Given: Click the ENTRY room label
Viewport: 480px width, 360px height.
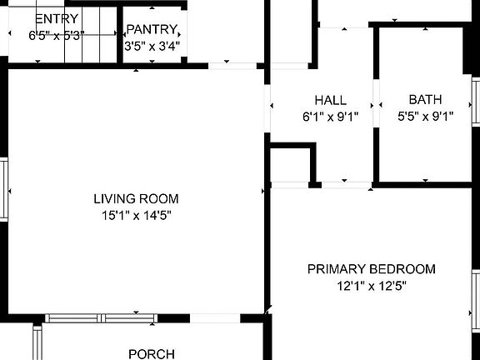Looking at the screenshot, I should coord(57,18).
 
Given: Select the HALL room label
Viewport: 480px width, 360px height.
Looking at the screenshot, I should coord(331,100).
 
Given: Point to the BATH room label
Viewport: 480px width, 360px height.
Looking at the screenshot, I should coord(425,100).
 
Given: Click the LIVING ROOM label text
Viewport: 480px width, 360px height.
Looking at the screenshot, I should coord(136,199).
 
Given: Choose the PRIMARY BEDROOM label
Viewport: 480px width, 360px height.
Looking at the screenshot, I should coord(372,269).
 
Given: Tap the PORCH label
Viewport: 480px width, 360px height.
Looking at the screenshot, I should coord(152,353).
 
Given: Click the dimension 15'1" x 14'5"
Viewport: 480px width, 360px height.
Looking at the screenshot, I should coord(136,216).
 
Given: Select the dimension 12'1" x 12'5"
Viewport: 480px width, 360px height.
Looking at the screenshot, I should coord(372,286).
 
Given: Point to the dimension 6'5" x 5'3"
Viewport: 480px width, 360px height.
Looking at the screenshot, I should coord(57,36).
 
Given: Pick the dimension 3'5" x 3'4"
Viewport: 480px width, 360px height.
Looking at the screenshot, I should coord(152,46).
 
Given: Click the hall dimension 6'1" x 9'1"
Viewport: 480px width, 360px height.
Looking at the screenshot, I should coord(331,117).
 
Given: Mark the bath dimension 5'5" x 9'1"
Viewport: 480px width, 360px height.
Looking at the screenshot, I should coord(425,117).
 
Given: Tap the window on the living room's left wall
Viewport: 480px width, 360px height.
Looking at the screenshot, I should coord(3,190).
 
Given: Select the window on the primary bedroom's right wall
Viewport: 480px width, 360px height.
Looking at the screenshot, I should coord(476,300).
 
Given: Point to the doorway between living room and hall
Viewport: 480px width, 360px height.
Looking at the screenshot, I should coord(268,108).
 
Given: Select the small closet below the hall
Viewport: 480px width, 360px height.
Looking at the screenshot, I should coord(290,167).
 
